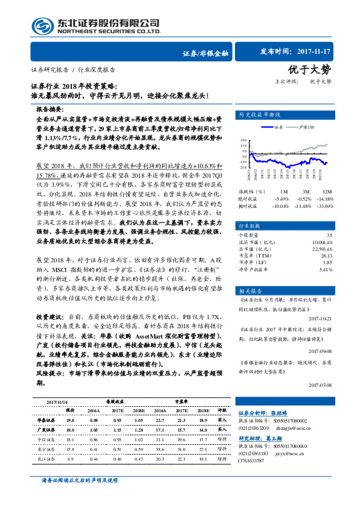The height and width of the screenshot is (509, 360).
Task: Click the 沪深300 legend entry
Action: pyautogui.click(x=307, y=128)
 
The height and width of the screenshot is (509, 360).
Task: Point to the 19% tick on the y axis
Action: pyautogui.click(x=243, y=139)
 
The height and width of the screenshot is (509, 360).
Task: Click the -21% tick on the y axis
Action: pyautogui.click(x=243, y=166)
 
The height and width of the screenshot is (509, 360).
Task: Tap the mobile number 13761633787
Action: pyautogui.click(x=255, y=460)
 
